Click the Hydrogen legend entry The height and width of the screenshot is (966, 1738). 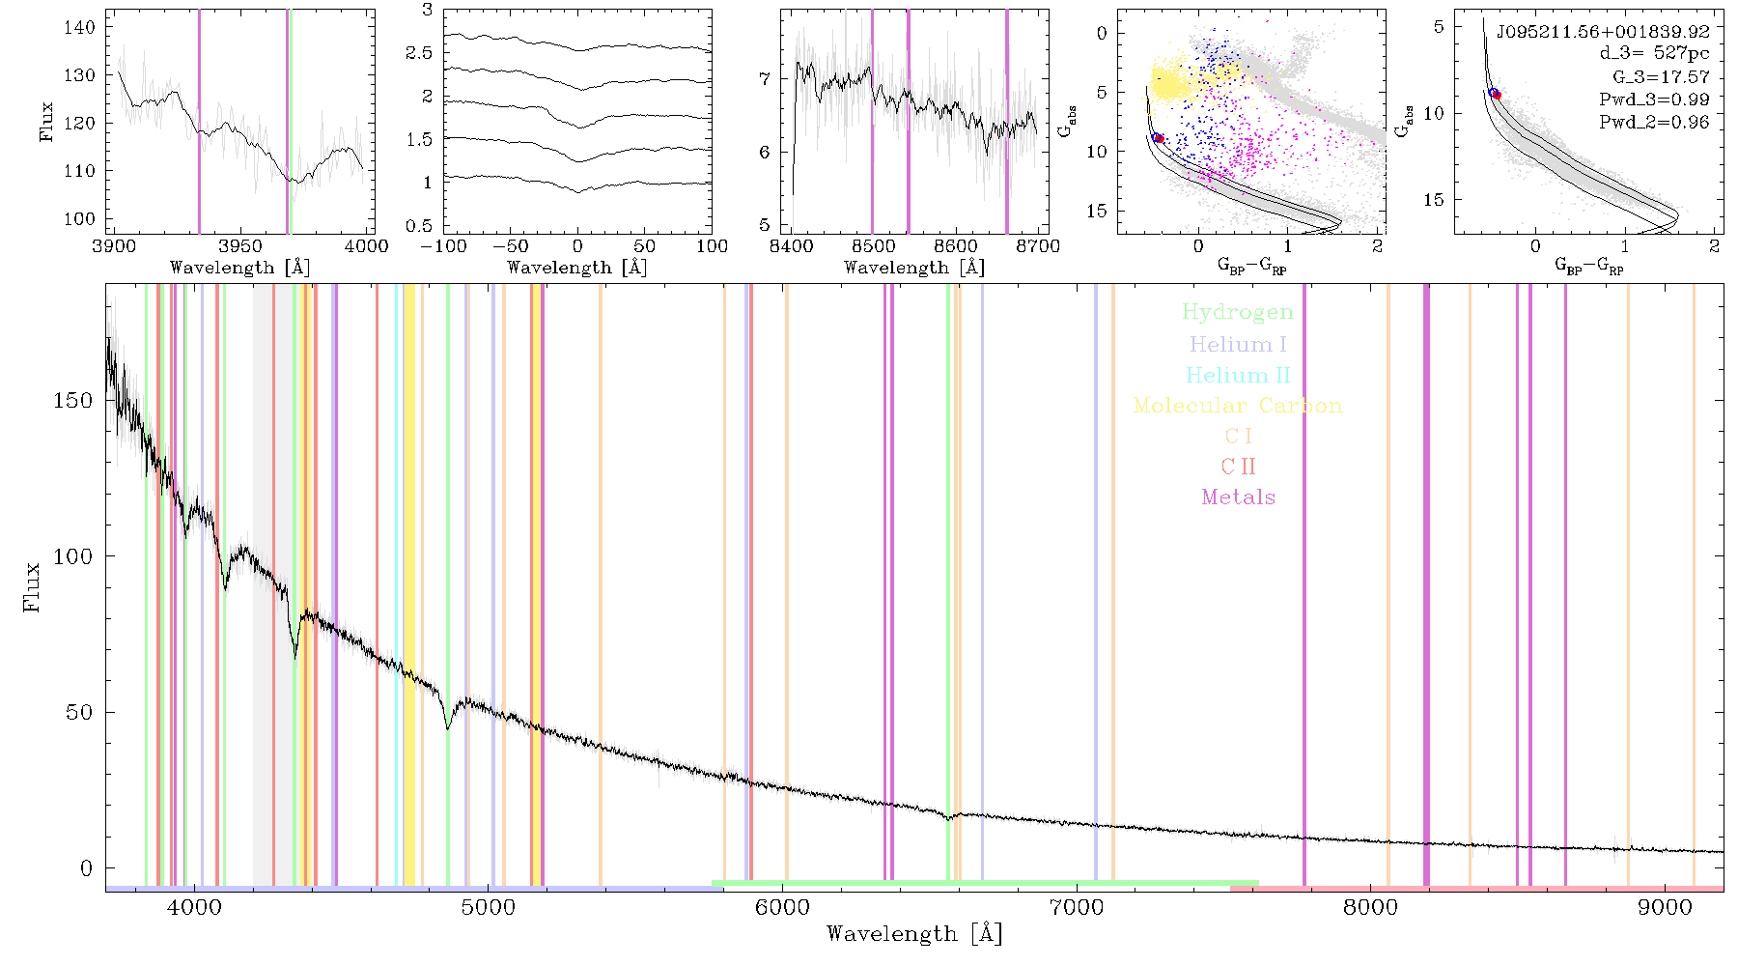click(x=1238, y=312)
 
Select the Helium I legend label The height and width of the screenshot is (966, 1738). click(x=1238, y=344)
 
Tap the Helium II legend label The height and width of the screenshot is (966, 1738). click(x=1238, y=375)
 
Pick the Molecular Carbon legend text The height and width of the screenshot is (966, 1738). click(x=1238, y=406)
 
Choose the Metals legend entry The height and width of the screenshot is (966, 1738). click(x=1238, y=497)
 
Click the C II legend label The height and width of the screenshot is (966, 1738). click(x=1238, y=467)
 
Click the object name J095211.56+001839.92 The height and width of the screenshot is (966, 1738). click(x=1603, y=32)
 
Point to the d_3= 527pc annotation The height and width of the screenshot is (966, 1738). click(x=1654, y=54)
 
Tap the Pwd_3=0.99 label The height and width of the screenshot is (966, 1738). click(x=1654, y=99)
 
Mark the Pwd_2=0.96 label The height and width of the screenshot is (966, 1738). click(x=1654, y=122)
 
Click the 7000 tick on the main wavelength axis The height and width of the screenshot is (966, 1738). click(x=1077, y=908)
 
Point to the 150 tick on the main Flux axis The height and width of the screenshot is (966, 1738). click(x=73, y=400)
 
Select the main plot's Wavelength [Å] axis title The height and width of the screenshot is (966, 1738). click(x=914, y=934)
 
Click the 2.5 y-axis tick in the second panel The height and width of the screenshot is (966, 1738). click(x=419, y=53)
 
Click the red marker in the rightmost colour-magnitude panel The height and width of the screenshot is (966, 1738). click(x=1496, y=95)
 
